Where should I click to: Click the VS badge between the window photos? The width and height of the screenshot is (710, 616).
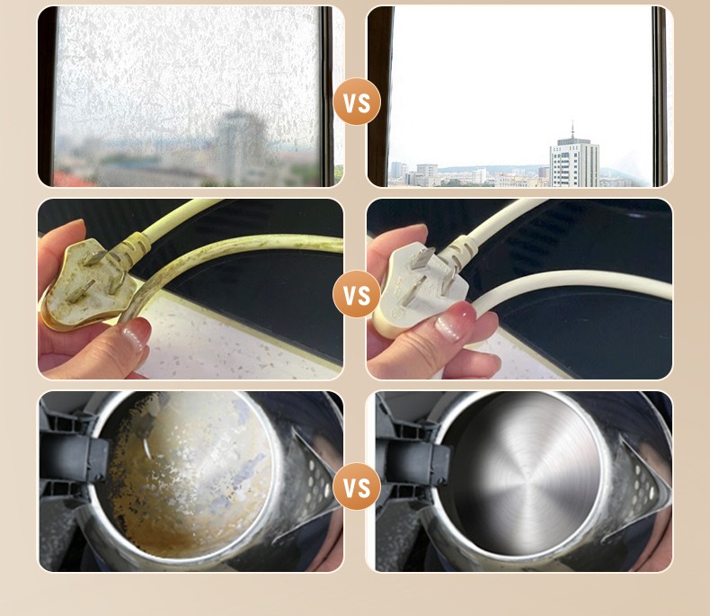point(357,102)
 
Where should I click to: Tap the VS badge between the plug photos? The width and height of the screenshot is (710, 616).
point(357,294)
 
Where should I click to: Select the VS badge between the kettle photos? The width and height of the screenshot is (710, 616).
point(357,487)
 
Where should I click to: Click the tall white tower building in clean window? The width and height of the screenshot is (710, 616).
point(574,163)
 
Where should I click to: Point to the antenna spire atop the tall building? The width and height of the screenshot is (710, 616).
point(572,129)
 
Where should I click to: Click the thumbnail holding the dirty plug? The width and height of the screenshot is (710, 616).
point(135,333)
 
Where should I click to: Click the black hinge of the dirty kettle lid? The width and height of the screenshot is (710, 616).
point(75,458)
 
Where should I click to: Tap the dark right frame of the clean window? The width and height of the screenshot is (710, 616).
point(660,96)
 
